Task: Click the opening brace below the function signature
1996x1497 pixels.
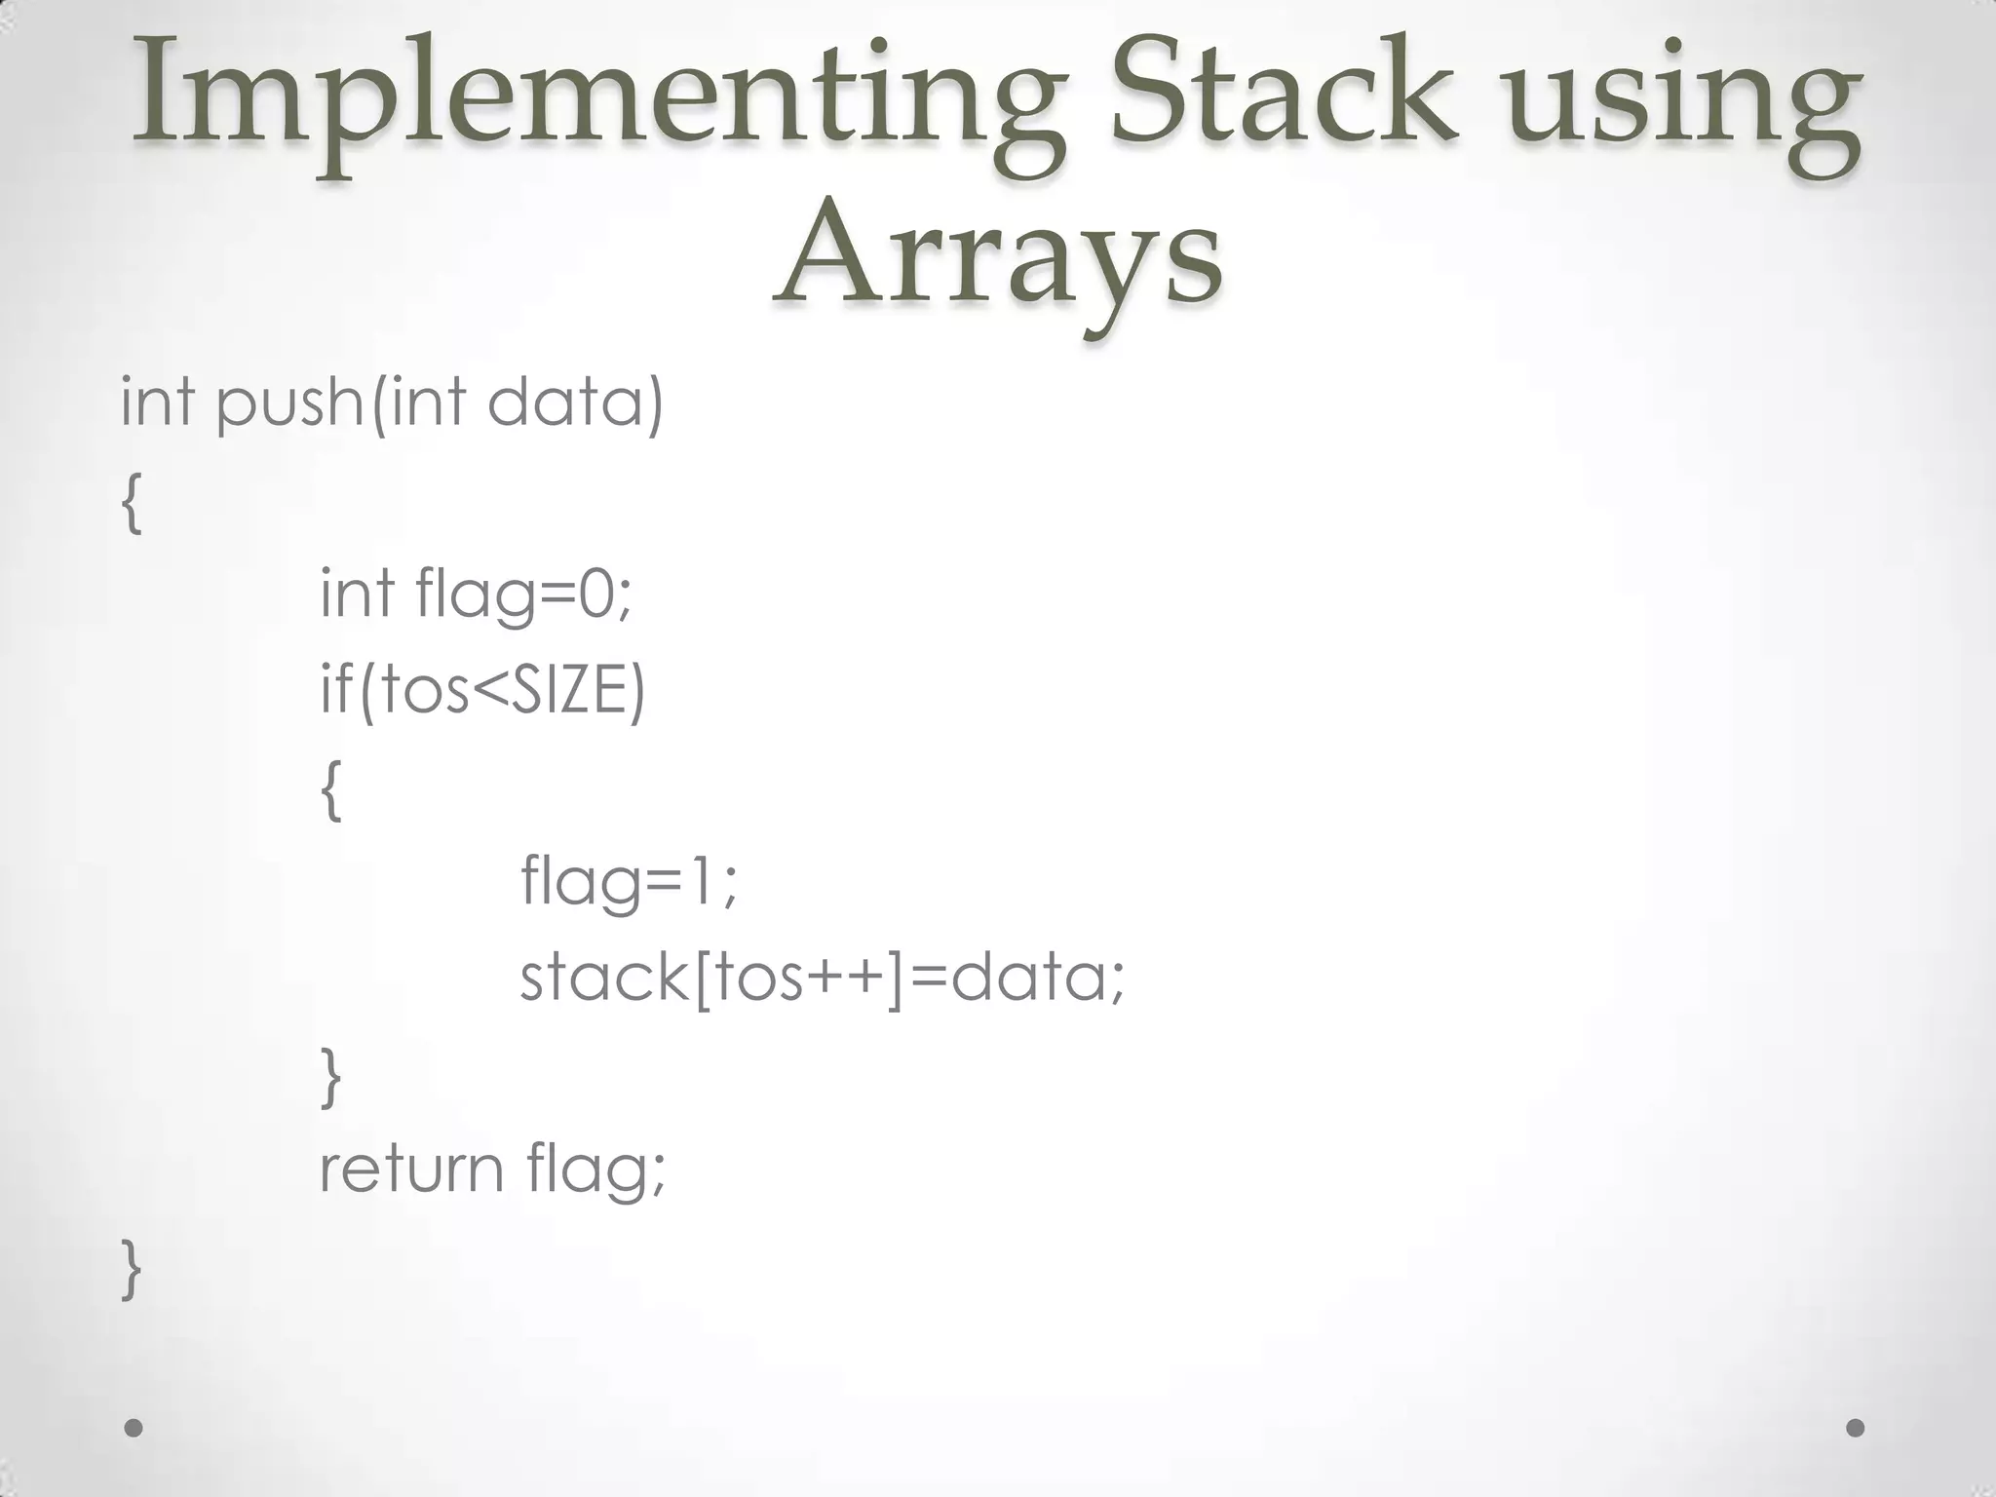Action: point(132,503)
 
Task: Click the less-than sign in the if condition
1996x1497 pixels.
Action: point(485,691)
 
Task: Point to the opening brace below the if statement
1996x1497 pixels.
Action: point(331,790)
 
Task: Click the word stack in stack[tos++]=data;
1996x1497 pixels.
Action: point(602,977)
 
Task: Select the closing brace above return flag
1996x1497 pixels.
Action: point(331,1076)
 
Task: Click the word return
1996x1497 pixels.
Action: point(410,1169)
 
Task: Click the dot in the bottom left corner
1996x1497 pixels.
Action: point(134,1429)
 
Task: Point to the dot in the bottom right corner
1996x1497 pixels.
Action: point(1856,1429)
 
